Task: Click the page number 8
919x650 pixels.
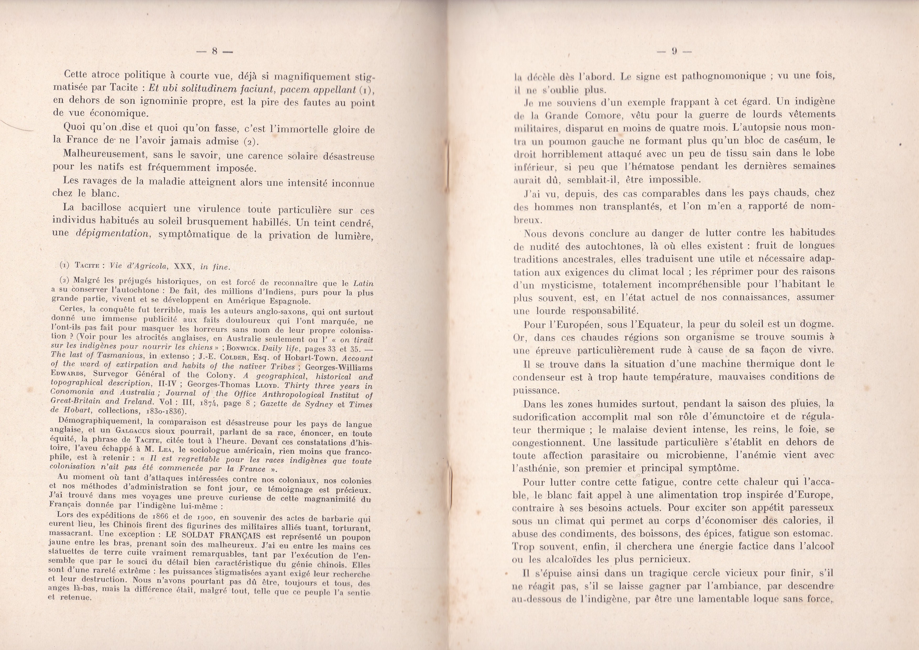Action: point(215,52)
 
